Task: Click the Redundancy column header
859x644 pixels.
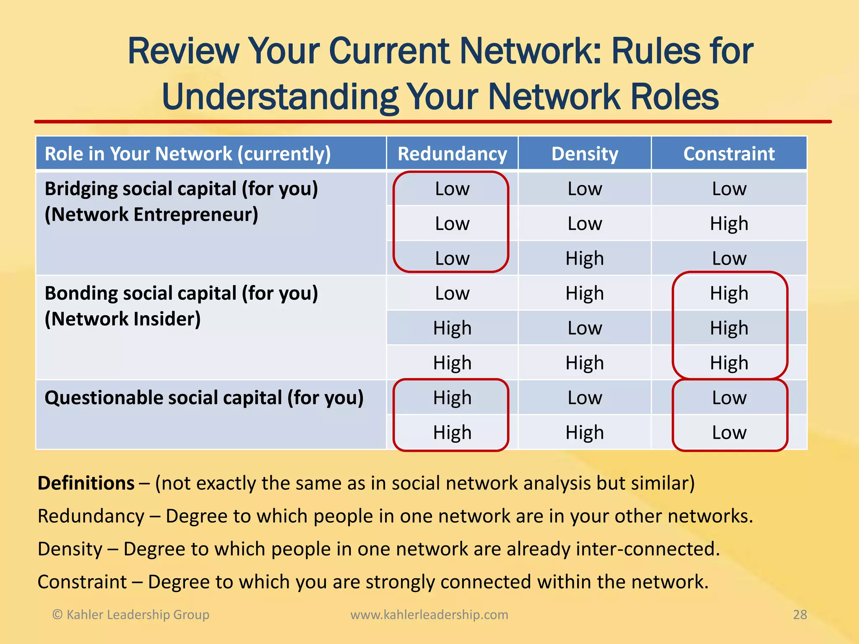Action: coord(452,154)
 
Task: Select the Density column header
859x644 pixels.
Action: coord(585,154)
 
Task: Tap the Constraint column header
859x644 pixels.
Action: coord(729,154)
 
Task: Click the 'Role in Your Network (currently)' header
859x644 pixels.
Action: coord(187,154)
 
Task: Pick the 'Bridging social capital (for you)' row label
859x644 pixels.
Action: coord(181,189)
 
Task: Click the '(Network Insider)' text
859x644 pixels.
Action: coord(122,319)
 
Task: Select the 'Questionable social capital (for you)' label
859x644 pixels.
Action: coord(204,397)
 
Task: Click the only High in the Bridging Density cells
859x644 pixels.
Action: coord(585,258)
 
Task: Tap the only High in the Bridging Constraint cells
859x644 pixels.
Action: coord(729,223)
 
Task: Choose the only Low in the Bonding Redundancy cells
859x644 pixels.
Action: coord(452,293)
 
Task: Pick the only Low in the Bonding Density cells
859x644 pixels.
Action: coord(585,328)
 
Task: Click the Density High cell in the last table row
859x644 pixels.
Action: coord(585,432)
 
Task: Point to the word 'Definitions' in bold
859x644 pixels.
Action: coord(86,483)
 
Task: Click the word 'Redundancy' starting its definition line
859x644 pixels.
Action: coord(91,516)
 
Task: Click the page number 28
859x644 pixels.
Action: coord(800,615)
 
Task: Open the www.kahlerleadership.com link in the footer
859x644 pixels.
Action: coord(429,615)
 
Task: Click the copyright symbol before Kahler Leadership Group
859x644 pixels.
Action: coord(57,615)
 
